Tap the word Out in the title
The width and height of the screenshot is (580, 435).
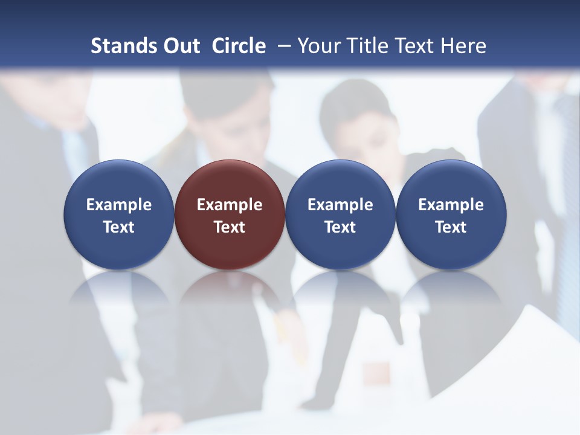181,46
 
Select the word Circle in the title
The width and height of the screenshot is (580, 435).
239,46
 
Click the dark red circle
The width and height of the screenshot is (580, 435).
230,214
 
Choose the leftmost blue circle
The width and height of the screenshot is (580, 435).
119,214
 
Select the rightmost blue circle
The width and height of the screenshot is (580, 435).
451,214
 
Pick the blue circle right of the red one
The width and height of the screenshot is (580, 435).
340,214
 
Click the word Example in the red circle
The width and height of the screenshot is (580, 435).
230,205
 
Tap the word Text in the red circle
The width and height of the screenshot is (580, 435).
230,227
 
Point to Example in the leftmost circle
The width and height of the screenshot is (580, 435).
119,205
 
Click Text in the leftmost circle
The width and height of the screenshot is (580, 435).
119,227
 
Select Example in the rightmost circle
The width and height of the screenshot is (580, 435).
451,205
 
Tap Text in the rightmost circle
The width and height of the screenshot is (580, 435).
451,227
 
